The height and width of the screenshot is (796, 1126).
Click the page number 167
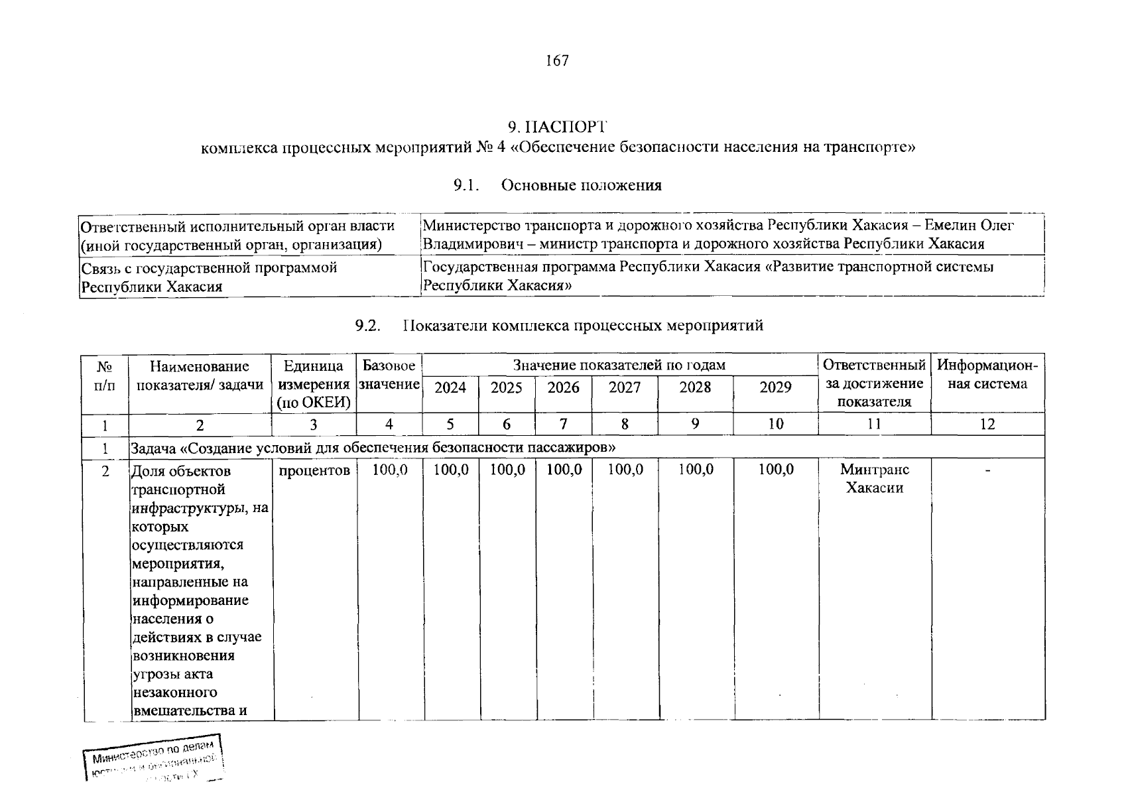click(557, 61)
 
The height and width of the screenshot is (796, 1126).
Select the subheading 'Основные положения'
click(581, 185)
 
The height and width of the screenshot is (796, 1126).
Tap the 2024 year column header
click(450, 387)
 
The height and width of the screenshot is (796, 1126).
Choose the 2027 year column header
click(625, 387)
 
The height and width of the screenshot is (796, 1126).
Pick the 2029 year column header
click(775, 387)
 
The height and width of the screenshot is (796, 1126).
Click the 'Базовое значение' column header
click(389, 375)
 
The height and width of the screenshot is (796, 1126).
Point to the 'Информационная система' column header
click(987, 375)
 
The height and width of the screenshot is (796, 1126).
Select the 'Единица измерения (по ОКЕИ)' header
click(313, 384)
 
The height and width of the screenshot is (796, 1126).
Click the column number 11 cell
click(874, 424)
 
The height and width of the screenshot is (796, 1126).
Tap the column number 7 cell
click(564, 424)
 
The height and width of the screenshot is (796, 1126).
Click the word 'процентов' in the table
click(314, 470)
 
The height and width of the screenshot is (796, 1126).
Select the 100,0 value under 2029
click(776, 470)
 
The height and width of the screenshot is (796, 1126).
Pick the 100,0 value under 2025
click(507, 470)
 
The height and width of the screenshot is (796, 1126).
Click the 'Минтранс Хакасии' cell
click(875, 478)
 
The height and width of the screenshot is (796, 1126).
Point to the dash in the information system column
click(987, 470)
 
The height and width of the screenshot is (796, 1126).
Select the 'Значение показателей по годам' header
click(619, 365)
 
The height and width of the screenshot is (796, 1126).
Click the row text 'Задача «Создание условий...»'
click(373, 448)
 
